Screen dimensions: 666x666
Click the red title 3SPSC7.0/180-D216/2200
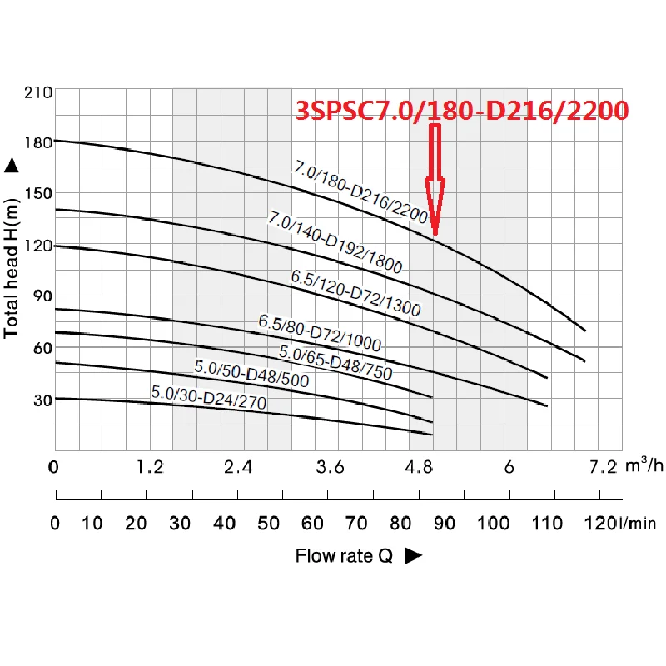[461, 112]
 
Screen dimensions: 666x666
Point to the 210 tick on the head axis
[40, 91]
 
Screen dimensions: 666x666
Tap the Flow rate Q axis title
[344, 556]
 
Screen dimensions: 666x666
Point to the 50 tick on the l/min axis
[268, 524]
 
